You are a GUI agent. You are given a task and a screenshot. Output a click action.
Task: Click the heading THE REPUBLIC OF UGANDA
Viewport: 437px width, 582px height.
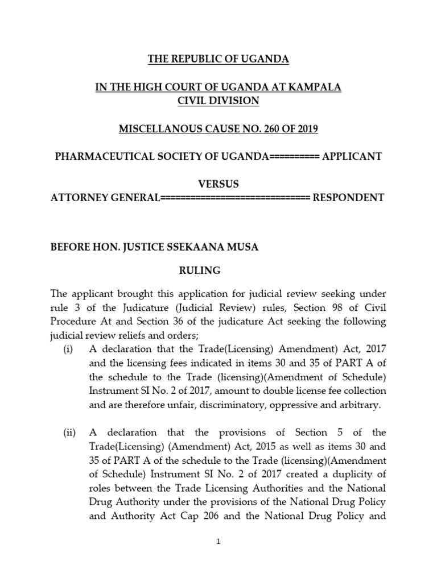click(218, 59)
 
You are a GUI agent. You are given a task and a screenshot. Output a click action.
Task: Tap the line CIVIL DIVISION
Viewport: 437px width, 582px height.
click(218, 101)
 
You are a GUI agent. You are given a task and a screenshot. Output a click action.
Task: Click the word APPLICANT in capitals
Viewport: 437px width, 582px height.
click(353, 156)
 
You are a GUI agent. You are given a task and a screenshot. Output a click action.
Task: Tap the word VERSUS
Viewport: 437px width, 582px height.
click(218, 184)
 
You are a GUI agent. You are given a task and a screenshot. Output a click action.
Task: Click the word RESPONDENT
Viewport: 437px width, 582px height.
click(349, 198)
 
